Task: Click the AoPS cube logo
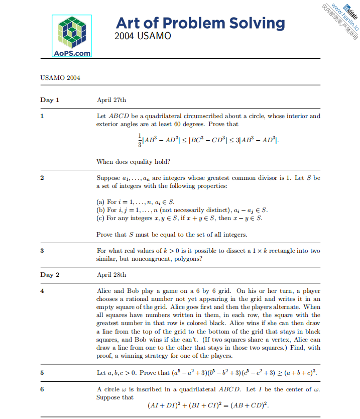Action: point(72,31)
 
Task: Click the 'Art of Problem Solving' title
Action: point(200,23)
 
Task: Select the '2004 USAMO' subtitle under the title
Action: point(143,36)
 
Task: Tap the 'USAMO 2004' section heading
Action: point(60,78)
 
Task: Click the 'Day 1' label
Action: point(50,100)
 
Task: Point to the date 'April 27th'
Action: point(111,100)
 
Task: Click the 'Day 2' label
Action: point(50,275)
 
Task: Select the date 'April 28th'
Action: point(111,275)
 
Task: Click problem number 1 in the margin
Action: point(42,117)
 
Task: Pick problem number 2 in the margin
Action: point(42,178)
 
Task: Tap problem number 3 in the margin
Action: point(42,251)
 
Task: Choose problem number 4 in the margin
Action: point(42,291)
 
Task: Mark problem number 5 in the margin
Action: point(42,373)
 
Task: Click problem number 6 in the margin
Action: point(42,389)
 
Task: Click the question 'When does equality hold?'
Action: point(133,162)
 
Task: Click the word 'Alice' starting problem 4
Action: point(104,291)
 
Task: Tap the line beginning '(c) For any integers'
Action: point(179,218)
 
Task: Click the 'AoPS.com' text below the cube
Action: point(72,52)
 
